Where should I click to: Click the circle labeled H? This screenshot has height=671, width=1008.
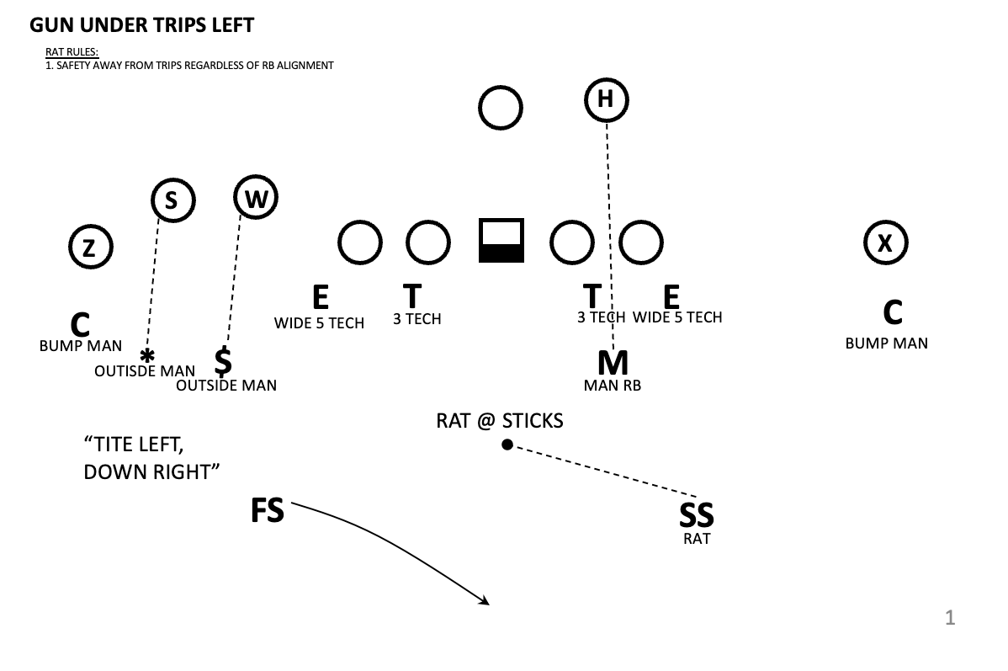tap(606, 99)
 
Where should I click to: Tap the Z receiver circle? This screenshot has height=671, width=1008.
tap(90, 248)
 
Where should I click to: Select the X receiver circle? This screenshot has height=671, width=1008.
tap(885, 243)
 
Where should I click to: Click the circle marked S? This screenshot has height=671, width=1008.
tap(172, 200)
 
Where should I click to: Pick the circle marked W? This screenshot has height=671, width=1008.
tap(256, 199)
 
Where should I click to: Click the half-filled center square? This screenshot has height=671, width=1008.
tap(501, 241)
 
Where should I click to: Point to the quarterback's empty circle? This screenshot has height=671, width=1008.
tap(501, 108)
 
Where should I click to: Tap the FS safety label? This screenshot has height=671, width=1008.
tap(268, 511)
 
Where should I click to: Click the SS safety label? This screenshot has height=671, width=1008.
tap(697, 515)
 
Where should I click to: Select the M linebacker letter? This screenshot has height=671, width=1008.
tap(613, 363)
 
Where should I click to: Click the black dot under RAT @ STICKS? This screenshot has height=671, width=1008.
tap(507, 445)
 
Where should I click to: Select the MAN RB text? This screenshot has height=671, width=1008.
tap(613, 386)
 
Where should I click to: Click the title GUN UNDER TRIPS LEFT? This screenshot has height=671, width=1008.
tap(141, 25)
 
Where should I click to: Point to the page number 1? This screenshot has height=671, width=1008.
tap(950, 618)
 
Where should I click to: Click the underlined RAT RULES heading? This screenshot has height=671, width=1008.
tap(72, 53)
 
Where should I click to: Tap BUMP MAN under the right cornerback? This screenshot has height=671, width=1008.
tap(886, 343)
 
